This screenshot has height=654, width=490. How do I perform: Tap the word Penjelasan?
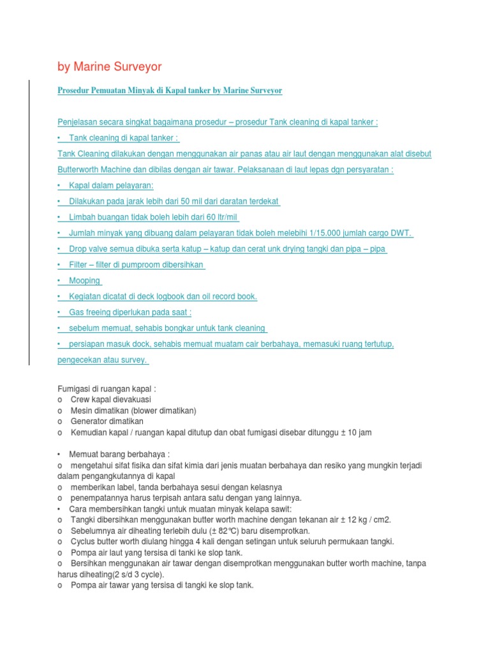(x=80, y=122)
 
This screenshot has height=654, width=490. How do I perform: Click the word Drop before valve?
(x=79, y=249)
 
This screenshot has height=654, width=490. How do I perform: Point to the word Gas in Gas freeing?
(x=76, y=312)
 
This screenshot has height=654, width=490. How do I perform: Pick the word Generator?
(x=90, y=421)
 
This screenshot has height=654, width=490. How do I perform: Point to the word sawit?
(x=279, y=508)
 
